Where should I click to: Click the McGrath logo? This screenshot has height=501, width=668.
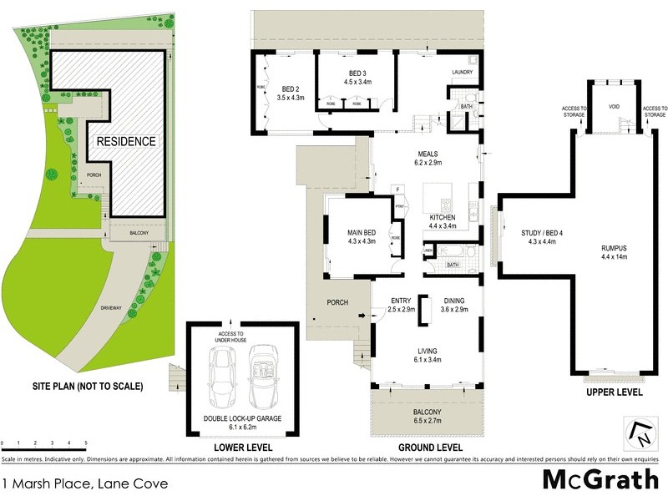click(600, 481)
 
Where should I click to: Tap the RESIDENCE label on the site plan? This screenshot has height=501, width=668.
click(125, 141)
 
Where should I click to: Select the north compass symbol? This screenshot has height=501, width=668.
click(640, 433)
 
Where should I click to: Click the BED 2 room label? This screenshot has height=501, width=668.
click(291, 89)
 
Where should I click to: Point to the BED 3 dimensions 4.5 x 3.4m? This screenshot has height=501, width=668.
click(356, 83)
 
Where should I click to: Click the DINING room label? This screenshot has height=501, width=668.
click(454, 301)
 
